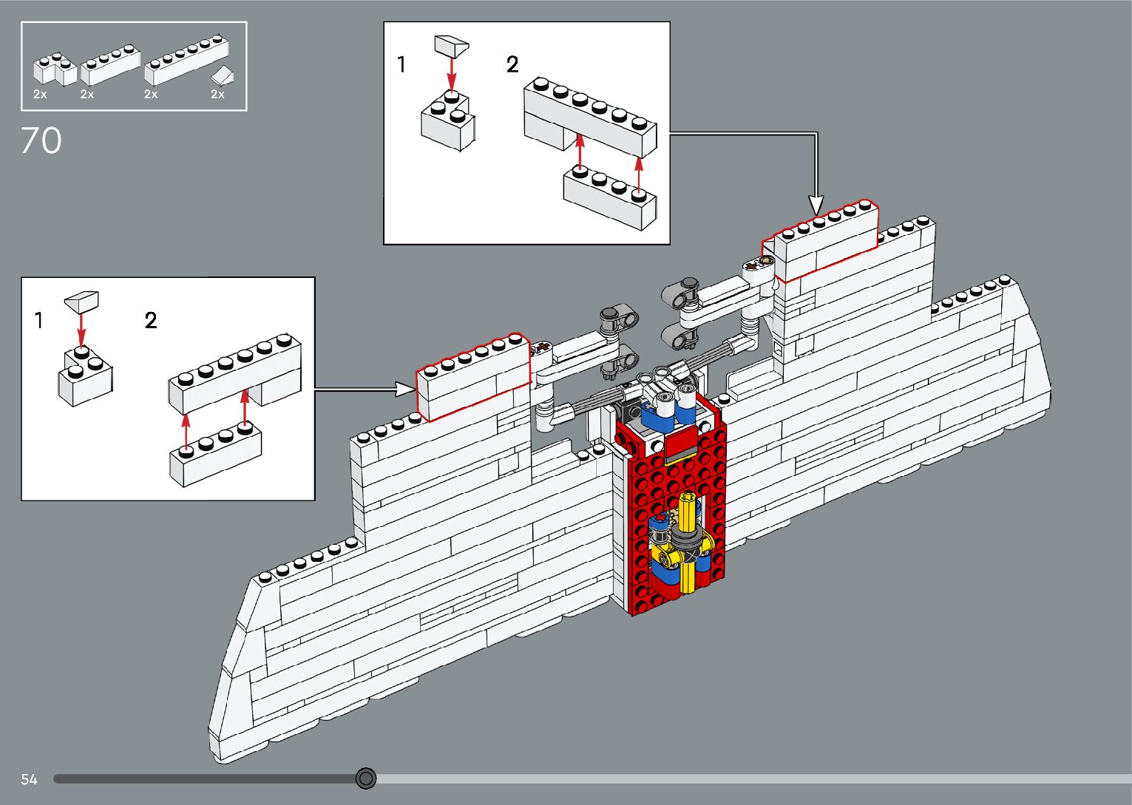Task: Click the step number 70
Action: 41,140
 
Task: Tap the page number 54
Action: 29,779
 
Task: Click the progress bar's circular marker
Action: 366,778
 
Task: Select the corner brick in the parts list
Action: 53,68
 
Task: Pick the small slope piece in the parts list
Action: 222,75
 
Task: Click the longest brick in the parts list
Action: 186,60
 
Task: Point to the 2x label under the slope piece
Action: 217,95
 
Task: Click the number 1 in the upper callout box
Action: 401,65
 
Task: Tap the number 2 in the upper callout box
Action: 512,65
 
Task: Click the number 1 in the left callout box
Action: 39,321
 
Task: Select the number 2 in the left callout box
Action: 151,321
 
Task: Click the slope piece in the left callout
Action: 81,301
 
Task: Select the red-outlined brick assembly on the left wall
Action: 473,376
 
